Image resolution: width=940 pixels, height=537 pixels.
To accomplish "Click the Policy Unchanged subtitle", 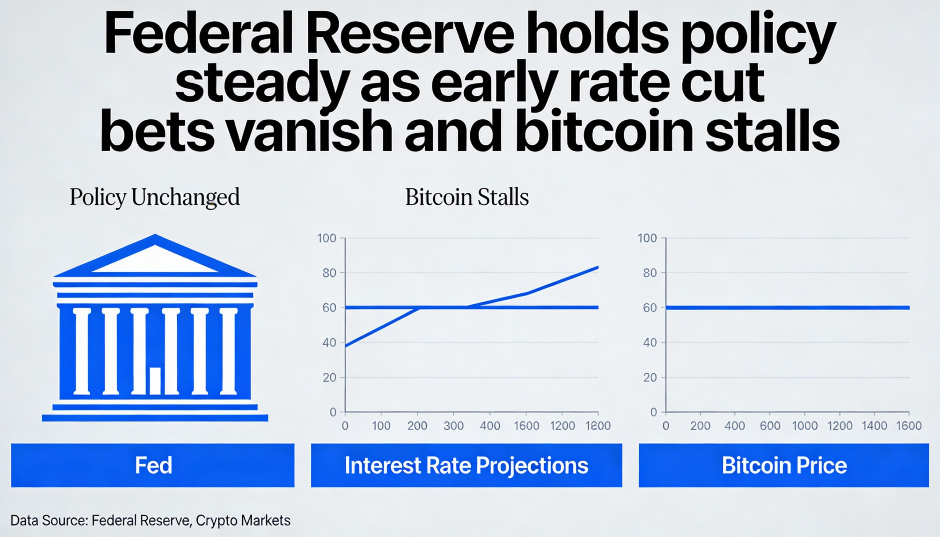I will point(155,197).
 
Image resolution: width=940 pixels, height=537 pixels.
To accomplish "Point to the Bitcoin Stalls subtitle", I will point(467,197).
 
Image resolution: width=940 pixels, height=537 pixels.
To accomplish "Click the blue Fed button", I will point(153,465).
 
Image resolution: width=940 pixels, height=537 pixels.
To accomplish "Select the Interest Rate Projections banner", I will point(466,465).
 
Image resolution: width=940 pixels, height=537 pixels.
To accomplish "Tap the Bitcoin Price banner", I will point(784,465).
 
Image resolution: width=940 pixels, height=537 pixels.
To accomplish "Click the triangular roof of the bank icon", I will point(155,258).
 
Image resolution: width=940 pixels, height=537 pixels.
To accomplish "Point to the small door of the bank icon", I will point(155,381).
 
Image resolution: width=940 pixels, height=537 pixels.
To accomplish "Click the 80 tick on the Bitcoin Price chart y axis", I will point(650,273).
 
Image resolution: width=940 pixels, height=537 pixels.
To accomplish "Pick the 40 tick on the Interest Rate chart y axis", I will point(329,342).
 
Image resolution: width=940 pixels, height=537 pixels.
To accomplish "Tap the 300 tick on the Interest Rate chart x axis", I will point(453,426).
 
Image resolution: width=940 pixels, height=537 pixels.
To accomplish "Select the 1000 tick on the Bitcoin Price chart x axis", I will point(805,426).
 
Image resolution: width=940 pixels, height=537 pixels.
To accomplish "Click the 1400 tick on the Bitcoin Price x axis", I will point(874,426).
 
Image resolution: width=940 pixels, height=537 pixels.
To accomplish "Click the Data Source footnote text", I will point(150,520).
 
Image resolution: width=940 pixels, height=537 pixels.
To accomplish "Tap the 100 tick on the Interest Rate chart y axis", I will point(326,238).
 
